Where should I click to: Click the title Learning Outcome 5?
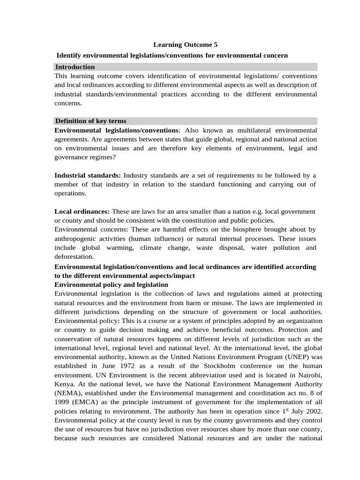(x=186, y=45)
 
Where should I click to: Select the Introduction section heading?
(x=75, y=67)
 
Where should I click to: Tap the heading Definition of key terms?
(x=90, y=121)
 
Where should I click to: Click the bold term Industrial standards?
(x=88, y=175)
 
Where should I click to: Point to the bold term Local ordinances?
(x=82, y=211)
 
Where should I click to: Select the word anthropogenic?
(x=78, y=238)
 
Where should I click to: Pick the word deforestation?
(x=74, y=256)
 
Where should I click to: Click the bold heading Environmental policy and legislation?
(x=112, y=285)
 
